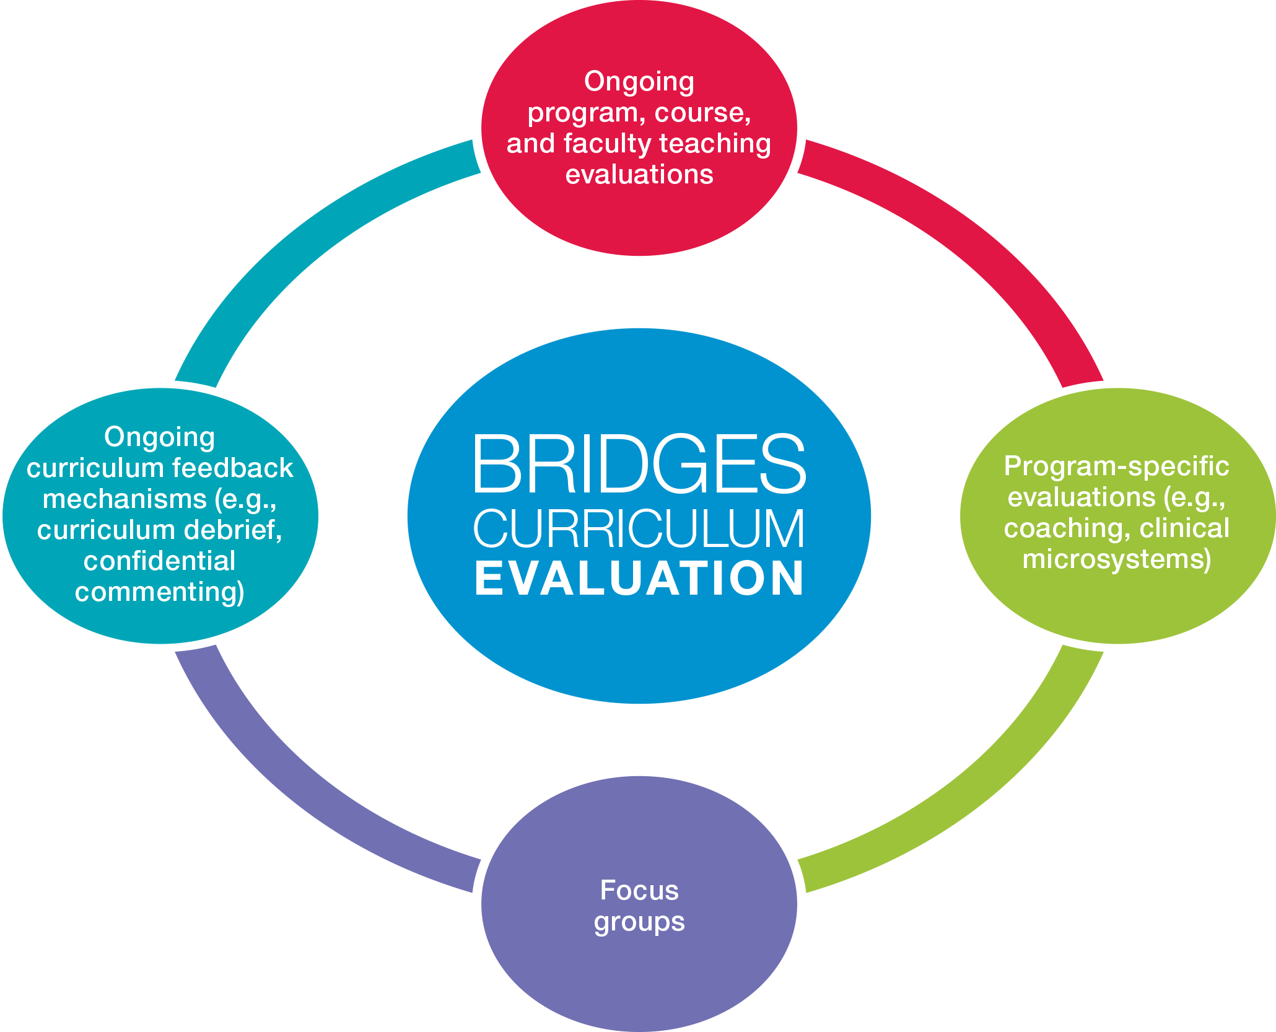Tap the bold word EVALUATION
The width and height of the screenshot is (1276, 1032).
click(x=639, y=578)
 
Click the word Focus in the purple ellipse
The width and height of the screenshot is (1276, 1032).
click(x=639, y=890)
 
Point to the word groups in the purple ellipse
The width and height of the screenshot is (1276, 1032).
click(x=639, y=922)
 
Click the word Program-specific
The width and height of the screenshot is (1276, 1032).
click(x=1116, y=466)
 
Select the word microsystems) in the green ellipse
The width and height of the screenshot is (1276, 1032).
click(x=1116, y=559)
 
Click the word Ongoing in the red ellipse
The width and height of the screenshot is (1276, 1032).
click(x=639, y=81)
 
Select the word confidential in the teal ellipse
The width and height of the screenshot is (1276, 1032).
click(x=160, y=561)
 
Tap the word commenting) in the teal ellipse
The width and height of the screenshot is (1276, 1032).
click(x=160, y=592)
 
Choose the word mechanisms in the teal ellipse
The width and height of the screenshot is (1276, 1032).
click(x=125, y=499)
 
